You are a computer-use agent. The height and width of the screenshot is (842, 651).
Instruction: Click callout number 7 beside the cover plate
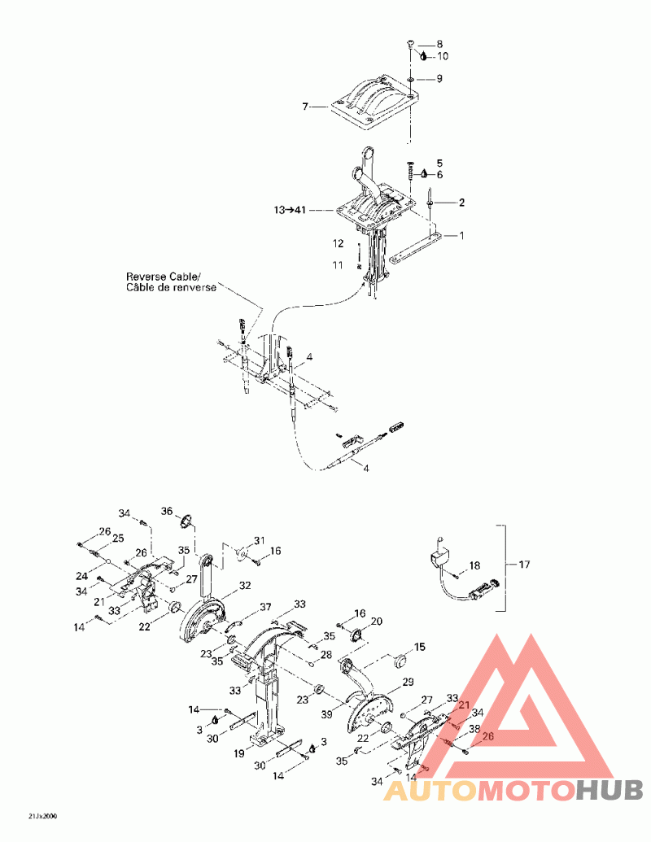(x=305, y=107)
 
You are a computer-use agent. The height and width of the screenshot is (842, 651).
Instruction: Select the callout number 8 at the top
(x=439, y=43)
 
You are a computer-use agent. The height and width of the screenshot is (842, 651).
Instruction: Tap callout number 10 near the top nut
(x=443, y=56)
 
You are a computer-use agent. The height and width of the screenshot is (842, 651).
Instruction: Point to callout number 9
(x=439, y=79)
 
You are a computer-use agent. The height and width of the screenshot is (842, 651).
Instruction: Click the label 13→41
(x=289, y=210)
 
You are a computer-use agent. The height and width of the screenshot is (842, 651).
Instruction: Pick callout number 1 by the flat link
(x=461, y=236)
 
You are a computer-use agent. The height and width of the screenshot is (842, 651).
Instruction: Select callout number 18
(x=474, y=565)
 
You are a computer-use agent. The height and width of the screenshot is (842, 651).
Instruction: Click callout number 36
(x=167, y=511)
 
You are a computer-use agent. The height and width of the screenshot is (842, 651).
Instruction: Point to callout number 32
(x=244, y=586)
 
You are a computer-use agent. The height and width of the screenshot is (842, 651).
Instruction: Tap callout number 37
(x=265, y=608)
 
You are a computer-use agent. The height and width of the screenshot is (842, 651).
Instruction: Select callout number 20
(x=377, y=622)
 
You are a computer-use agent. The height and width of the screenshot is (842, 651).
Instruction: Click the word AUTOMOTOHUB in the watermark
(x=513, y=789)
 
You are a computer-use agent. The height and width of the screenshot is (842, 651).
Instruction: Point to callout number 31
(x=259, y=541)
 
